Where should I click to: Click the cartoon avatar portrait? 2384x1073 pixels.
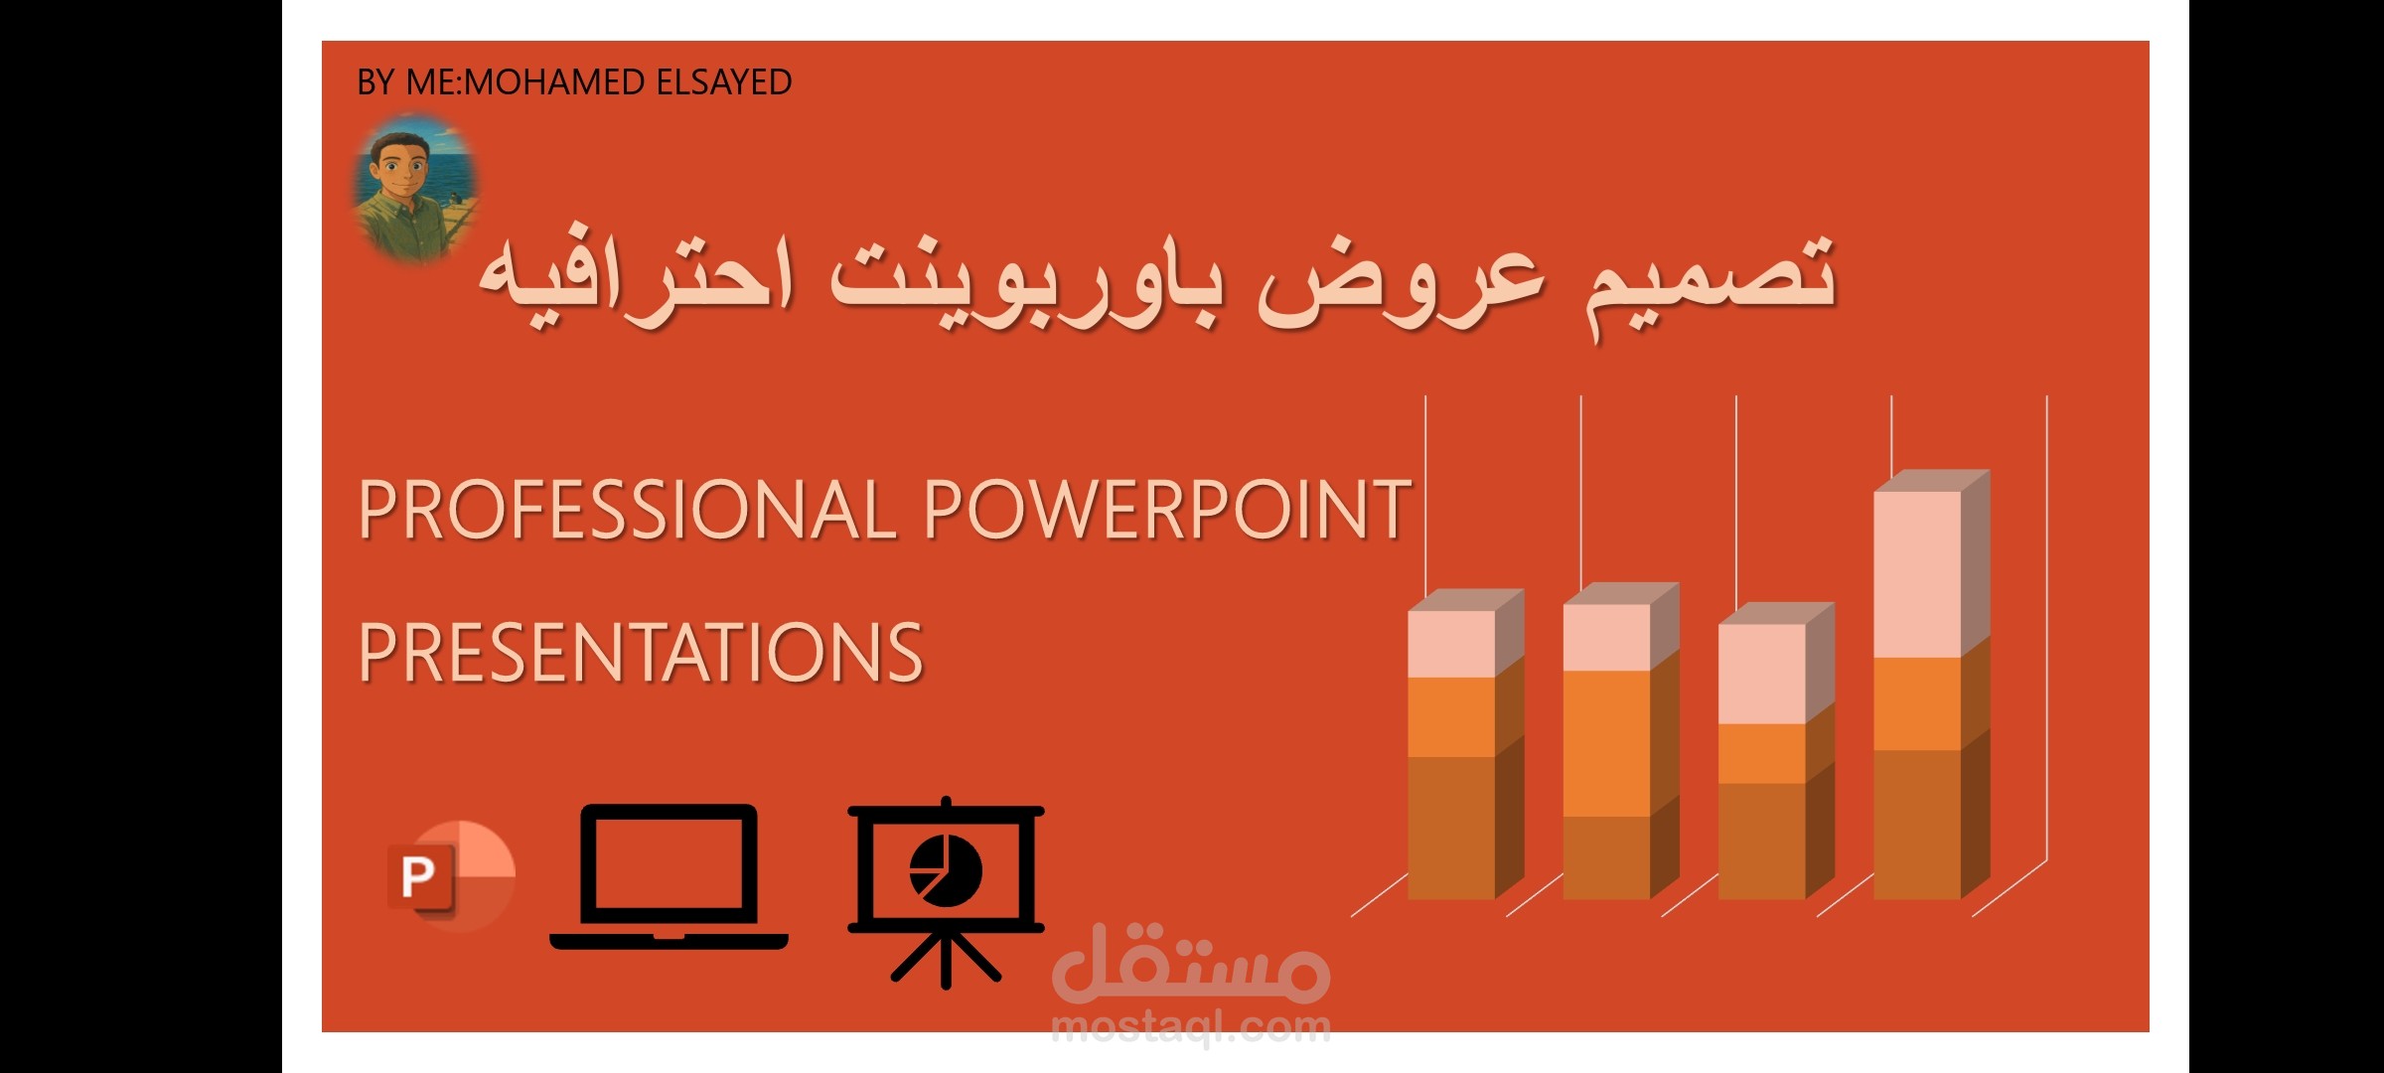coord(414,188)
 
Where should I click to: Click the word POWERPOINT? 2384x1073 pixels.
coord(1167,510)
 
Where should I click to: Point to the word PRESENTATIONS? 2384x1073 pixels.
coord(641,653)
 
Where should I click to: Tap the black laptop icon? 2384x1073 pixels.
coord(669,877)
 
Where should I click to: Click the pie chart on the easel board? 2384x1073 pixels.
coord(946,871)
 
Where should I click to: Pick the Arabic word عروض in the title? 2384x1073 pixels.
coord(1401,283)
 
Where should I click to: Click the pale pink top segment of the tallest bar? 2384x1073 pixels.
coord(1917,573)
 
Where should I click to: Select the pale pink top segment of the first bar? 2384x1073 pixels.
coord(1451,644)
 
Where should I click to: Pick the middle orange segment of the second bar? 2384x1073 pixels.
coord(1606,743)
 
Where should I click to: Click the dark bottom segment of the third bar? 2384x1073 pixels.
coord(1761,841)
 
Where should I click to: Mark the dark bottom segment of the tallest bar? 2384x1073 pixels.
coord(1917,824)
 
